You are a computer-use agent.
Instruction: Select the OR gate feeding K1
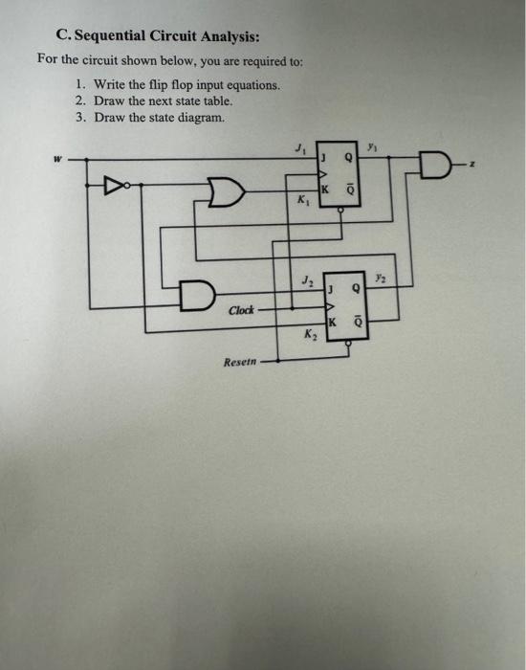point(225,193)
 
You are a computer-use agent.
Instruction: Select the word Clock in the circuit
point(241,310)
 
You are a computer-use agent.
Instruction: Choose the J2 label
point(305,279)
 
